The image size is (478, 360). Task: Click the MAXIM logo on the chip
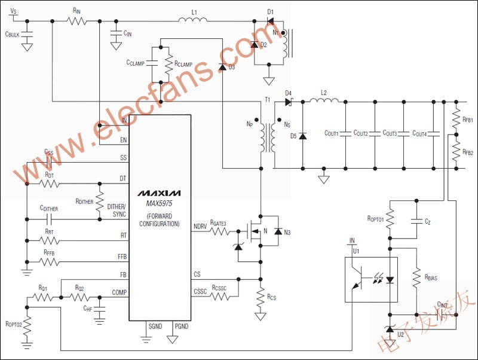click(158, 193)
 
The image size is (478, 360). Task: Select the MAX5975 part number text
click(158, 203)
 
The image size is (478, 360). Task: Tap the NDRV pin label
click(201, 226)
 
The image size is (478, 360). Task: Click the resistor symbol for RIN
click(76, 22)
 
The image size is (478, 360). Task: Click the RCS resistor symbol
click(260, 297)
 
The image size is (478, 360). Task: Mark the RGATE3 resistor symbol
click(217, 231)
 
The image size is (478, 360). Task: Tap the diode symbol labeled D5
click(302, 136)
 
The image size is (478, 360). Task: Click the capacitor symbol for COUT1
click(345, 134)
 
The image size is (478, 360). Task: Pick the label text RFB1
click(467, 120)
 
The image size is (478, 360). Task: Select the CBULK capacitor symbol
click(27, 35)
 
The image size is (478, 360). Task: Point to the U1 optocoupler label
click(357, 251)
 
